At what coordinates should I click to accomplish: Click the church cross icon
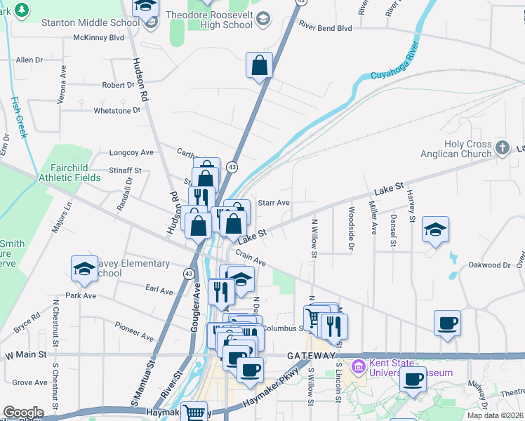click(502, 147)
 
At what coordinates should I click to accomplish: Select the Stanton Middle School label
click(81, 22)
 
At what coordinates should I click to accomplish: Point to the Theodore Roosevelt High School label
click(209, 20)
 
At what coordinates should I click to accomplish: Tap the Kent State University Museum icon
click(359, 366)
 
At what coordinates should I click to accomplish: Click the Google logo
click(23, 413)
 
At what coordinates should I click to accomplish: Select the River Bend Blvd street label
click(325, 28)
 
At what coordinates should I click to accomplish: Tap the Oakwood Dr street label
click(489, 265)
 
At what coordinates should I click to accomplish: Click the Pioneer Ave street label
click(134, 331)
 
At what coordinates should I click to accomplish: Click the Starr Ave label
click(274, 203)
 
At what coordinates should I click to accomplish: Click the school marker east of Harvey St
click(435, 229)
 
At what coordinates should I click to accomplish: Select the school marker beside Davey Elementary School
click(84, 269)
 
